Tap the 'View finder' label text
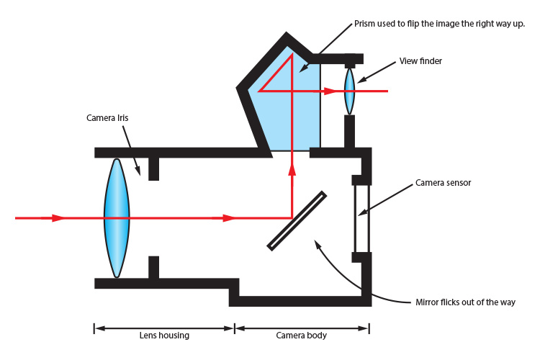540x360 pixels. tap(420, 61)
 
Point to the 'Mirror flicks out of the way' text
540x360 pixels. tap(465, 302)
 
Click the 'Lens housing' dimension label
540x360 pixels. tap(163, 336)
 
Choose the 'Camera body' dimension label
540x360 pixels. tap(302, 336)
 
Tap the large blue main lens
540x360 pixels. tap(117, 217)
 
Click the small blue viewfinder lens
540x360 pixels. tap(350, 91)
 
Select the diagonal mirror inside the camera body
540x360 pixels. tap(297, 220)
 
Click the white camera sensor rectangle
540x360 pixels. tap(361, 217)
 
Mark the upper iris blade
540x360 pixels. tap(153, 168)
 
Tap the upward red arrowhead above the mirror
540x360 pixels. tap(292, 169)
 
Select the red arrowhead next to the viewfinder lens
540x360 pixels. tap(329, 91)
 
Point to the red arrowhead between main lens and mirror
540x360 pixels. tap(229, 217)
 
